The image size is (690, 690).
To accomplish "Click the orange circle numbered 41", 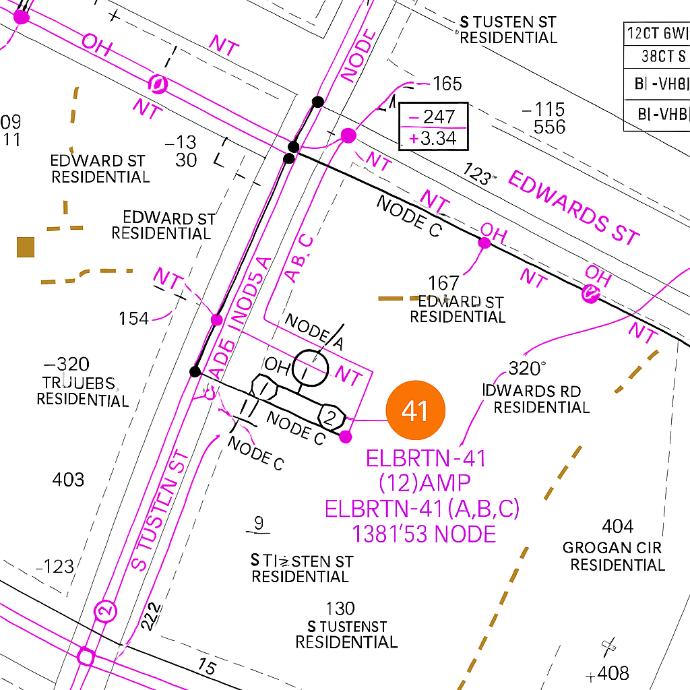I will (x=415, y=410).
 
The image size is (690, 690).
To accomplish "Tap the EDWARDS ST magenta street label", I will (x=572, y=208).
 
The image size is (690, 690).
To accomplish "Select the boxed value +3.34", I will (x=433, y=139).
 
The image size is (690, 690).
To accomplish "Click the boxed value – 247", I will (x=433, y=117).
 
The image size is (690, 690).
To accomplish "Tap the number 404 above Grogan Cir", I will (x=618, y=526).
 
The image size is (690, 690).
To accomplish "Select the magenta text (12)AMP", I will (x=425, y=483).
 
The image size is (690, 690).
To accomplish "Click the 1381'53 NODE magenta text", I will (x=425, y=534).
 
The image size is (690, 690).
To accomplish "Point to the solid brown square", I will (x=26, y=247).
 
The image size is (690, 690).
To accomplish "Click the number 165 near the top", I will (x=447, y=84).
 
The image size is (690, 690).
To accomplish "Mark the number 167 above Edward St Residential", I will (x=443, y=283).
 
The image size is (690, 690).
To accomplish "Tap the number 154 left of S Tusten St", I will (x=133, y=318).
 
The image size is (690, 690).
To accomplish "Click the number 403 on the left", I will (x=68, y=480).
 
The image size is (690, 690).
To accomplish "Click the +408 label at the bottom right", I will (x=608, y=672).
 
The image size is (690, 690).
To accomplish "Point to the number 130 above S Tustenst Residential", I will (x=340, y=608).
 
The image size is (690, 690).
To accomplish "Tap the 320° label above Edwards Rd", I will (x=527, y=369).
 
